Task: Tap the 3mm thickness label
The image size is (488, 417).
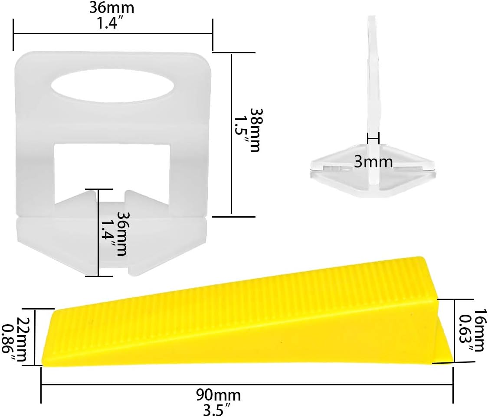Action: (373, 162)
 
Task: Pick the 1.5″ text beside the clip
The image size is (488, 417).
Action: (242, 130)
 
